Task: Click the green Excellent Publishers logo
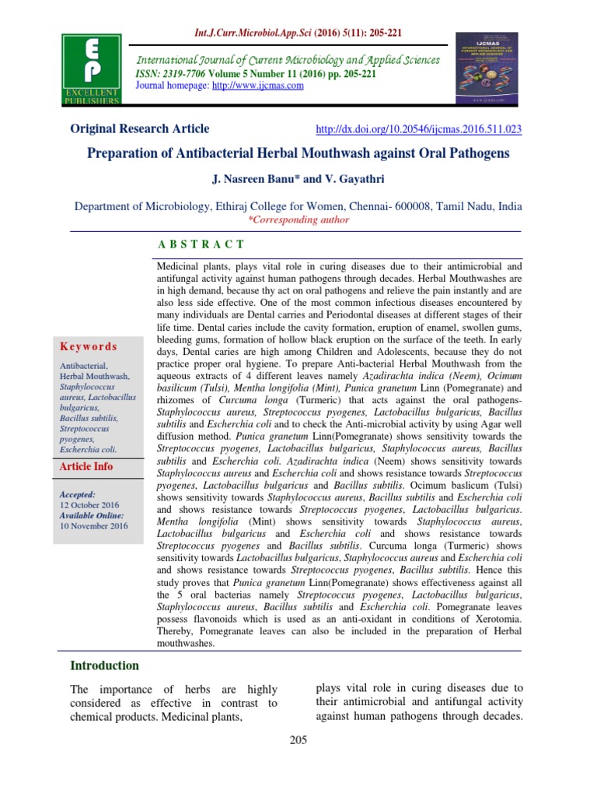coord(92,69)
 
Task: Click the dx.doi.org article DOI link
coord(416,129)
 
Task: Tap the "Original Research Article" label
coord(140,129)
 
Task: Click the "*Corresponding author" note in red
coord(298,220)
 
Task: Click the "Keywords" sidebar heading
coord(89,346)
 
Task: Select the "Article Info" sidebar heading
coord(86,467)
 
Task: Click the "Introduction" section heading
coord(105,665)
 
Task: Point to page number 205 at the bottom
coord(298,739)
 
